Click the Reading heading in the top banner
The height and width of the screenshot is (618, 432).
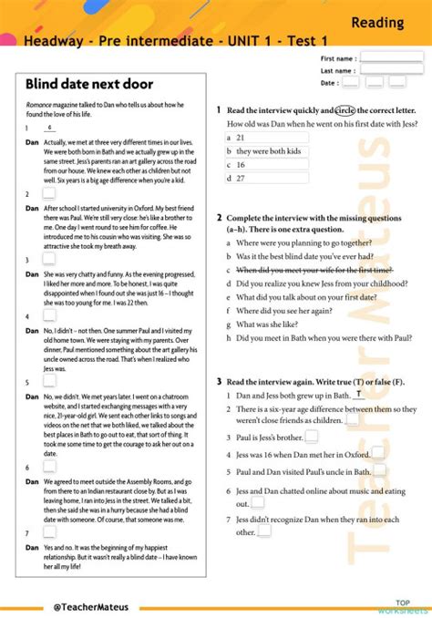377,21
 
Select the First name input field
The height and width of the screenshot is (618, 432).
391,57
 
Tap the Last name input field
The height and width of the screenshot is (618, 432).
391,69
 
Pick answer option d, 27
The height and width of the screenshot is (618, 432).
240,178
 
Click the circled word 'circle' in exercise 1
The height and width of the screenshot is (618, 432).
345,109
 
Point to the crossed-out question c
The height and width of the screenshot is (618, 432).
314,270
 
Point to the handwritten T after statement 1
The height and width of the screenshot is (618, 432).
359,394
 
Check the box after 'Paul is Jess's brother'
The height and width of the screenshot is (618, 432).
312,437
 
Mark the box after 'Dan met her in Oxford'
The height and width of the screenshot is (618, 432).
377,453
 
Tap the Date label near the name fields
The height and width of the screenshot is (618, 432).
329,82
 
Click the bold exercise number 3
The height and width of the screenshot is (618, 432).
219,380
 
